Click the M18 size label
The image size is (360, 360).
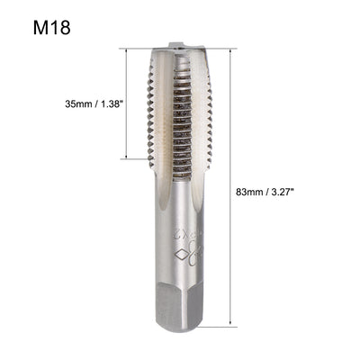[x=52, y=27]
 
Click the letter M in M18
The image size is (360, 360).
[x=40, y=27]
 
